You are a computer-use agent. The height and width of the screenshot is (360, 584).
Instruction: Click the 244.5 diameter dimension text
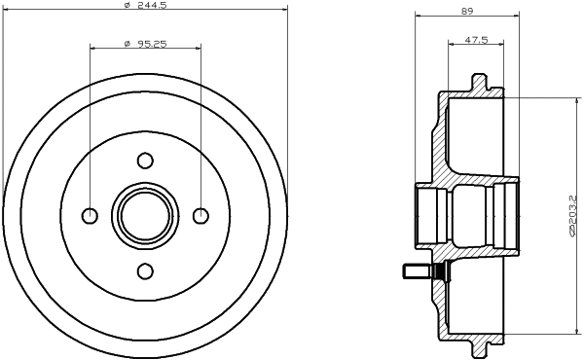[x=152, y=8]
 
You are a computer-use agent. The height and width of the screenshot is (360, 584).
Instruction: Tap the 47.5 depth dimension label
[x=476, y=41]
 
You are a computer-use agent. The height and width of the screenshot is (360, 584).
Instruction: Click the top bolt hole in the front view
[x=145, y=161]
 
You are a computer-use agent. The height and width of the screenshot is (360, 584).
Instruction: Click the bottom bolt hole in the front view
[x=145, y=270]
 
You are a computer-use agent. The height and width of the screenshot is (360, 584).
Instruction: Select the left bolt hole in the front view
[x=91, y=215]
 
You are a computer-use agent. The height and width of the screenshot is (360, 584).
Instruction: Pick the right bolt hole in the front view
[x=201, y=215]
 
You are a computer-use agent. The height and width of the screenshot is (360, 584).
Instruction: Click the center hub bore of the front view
[x=145, y=215]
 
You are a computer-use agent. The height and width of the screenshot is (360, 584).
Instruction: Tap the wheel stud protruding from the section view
[x=411, y=271]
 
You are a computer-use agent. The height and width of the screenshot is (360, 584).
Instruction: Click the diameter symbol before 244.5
[x=128, y=8]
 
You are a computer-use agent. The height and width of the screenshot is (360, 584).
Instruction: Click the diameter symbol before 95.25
[x=128, y=44]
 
